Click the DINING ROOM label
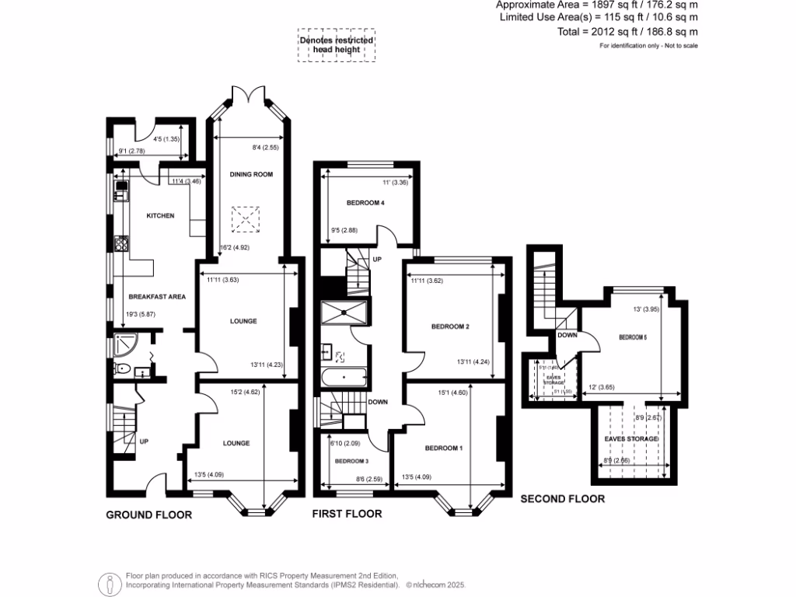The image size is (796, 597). (x=251, y=175)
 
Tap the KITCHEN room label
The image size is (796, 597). (x=160, y=215)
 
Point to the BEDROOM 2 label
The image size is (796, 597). (x=449, y=326)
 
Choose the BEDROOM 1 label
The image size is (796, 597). (x=443, y=449)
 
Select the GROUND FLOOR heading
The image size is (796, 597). (x=148, y=514)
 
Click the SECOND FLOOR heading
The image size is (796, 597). (x=562, y=499)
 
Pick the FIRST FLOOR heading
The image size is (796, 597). (x=347, y=514)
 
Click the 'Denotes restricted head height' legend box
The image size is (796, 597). (x=337, y=46)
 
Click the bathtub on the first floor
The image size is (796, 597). (x=342, y=380)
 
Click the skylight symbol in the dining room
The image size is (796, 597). (x=249, y=220)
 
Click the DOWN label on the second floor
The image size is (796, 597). (x=566, y=336)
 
